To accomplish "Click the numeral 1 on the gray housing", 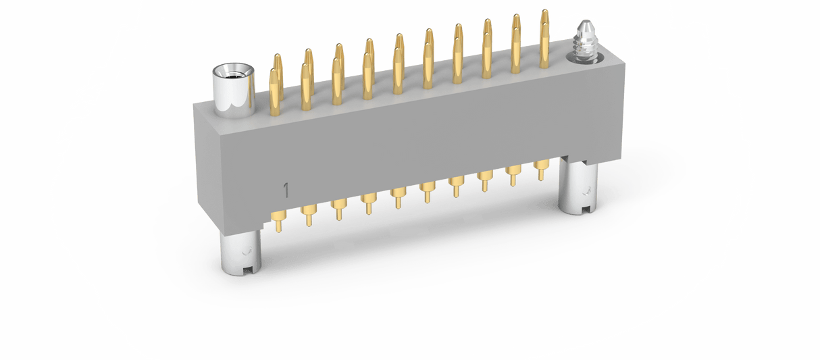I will point(286,190).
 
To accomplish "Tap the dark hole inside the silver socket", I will point(232,72).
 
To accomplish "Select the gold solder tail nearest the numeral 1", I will point(278,221).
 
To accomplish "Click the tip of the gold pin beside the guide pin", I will point(544,12).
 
